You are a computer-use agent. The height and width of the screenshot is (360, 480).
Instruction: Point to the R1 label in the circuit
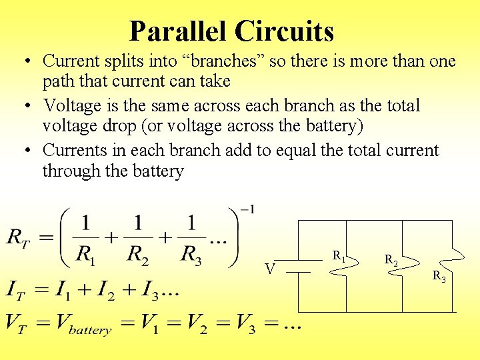coord(339,255)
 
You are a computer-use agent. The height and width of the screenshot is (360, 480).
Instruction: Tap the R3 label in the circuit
coord(439,275)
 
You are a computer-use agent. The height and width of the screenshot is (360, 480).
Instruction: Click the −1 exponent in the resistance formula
coord(247,211)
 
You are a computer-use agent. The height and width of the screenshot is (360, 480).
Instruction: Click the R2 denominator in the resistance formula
coord(139,255)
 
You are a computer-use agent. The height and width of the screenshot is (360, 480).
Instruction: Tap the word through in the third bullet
coord(72,171)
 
